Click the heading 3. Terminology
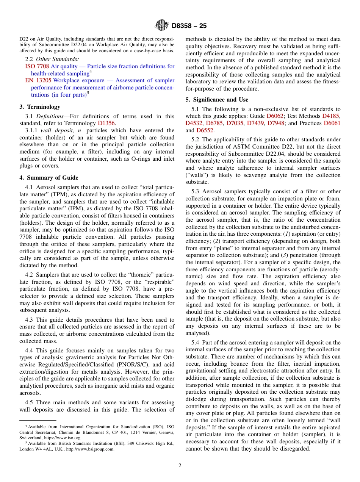pyautogui.click(x=40, y=107)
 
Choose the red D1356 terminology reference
pyautogui.click(x=106, y=123)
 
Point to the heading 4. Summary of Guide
pyautogui.click(x=49, y=178)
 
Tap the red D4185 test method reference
pyautogui.click(x=331, y=116)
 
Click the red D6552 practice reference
pyautogui.click(x=205, y=130)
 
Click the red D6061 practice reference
pyautogui.click(x=332, y=123)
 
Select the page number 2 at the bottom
pyautogui.click(x=180, y=466)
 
